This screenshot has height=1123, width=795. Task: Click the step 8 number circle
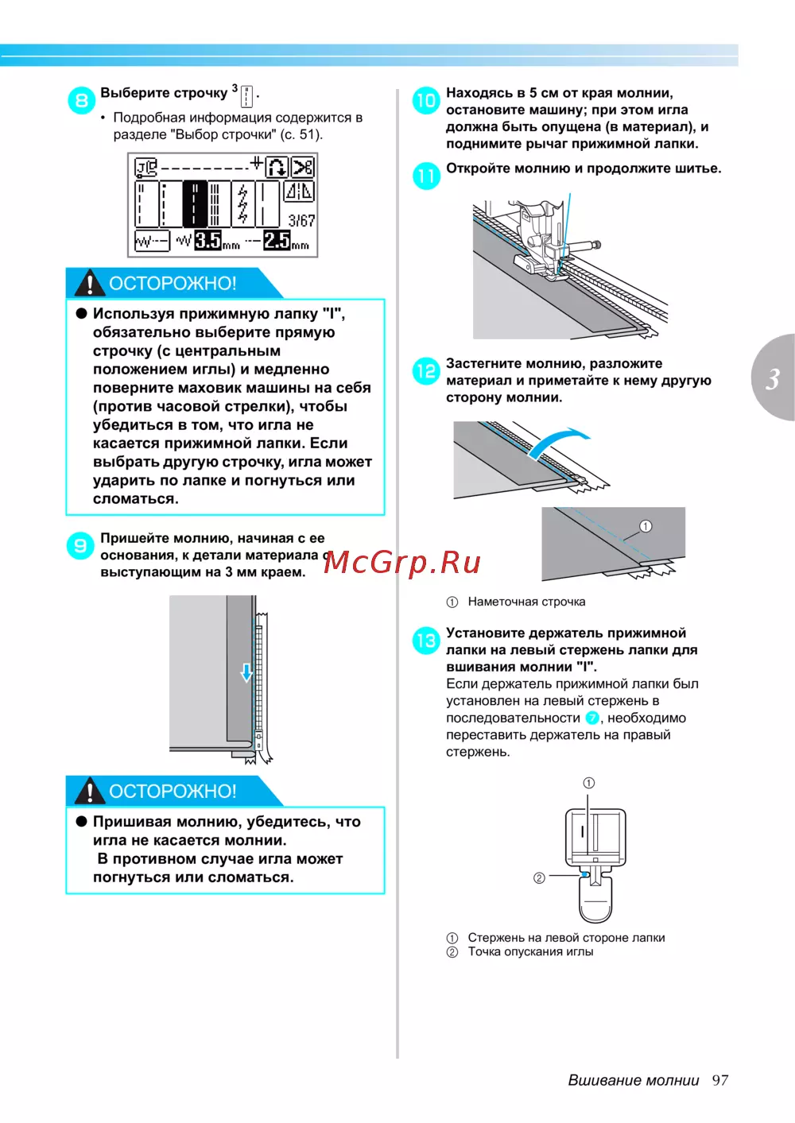(82, 100)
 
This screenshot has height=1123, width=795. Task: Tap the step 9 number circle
(80, 545)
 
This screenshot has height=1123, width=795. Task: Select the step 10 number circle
(426, 100)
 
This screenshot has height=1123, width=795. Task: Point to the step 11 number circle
(426, 176)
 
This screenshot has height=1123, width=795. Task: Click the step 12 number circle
(426, 371)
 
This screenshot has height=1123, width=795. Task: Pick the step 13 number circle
(426, 641)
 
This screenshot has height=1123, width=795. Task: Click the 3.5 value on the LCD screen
(207, 241)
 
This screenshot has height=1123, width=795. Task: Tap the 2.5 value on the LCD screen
(277, 241)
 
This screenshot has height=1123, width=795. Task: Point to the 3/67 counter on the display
(301, 221)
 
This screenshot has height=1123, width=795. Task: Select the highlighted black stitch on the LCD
(195, 204)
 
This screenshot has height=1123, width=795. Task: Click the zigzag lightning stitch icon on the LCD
(243, 204)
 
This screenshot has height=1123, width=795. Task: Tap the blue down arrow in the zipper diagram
(246, 672)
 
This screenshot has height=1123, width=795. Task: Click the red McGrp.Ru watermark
(402, 563)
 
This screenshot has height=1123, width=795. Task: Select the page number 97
(720, 1080)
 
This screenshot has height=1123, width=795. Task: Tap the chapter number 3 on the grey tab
(773, 379)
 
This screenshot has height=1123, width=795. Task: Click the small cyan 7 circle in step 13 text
(592, 718)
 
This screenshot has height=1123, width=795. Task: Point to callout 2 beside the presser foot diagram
(539, 878)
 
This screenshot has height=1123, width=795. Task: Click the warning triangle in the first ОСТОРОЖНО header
(89, 282)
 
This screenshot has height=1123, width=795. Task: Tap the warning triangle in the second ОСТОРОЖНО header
(89, 791)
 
